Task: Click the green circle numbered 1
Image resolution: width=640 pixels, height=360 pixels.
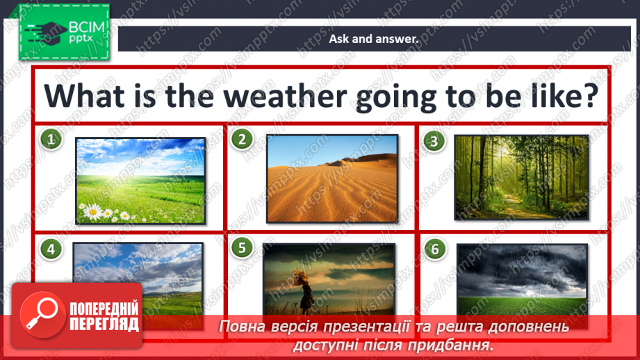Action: [x=51, y=139]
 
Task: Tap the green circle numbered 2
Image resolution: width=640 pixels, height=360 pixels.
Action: [x=242, y=139]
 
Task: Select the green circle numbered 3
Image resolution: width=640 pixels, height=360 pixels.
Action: [x=434, y=141]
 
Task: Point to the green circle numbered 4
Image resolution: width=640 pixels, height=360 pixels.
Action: [x=51, y=249]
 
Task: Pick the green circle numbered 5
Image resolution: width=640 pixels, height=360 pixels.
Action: [x=242, y=247]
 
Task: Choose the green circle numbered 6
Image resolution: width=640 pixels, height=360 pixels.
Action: [x=435, y=249]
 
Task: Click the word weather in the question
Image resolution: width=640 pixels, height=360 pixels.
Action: [x=285, y=97]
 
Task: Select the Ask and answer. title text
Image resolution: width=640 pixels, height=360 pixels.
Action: [x=374, y=39]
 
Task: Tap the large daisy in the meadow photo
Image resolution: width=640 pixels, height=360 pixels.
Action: [x=94, y=211]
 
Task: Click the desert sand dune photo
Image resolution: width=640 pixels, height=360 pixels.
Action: [x=332, y=179]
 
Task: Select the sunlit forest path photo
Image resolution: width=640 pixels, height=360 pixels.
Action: [x=521, y=177]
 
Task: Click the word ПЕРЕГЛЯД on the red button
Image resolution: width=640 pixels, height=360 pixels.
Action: [x=104, y=325]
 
